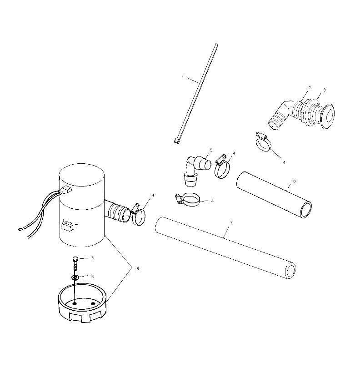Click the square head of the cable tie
176,141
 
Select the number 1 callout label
182,77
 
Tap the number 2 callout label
309,87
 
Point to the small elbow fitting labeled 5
195,166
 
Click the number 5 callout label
211,149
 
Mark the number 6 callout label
294,181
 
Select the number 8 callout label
138,269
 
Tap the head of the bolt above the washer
75,259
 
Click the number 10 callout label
92,277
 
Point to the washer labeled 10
75,277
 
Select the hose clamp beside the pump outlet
138,215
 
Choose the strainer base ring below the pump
83,302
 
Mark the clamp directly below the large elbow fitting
263,143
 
